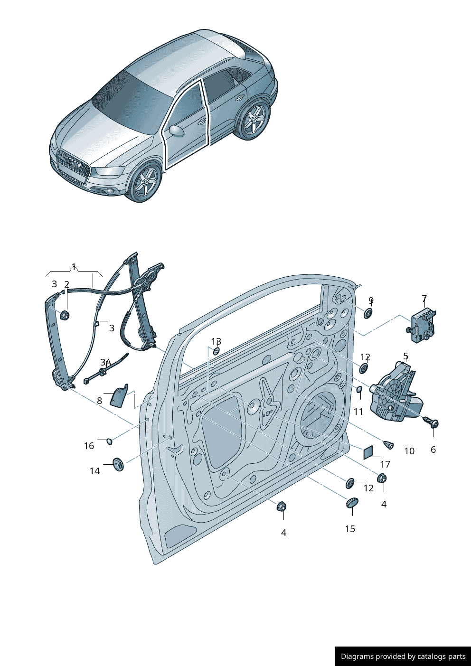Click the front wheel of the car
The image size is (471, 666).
[145, 183]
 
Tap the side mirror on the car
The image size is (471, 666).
[177, 131]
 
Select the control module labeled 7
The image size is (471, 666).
[423, 325]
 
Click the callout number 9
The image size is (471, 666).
[371, 300]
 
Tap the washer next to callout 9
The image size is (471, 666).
[368, 313]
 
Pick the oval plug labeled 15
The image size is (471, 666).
[352, 502]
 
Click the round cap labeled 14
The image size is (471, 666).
[118, 464]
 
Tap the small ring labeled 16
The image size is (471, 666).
[110, 441]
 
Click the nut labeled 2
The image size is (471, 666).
[65, 315]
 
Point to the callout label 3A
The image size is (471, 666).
[105, 362]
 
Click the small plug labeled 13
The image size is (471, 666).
[216, 351]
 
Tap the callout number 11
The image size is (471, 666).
[358, 412]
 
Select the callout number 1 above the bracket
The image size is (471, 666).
[74, 266]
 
